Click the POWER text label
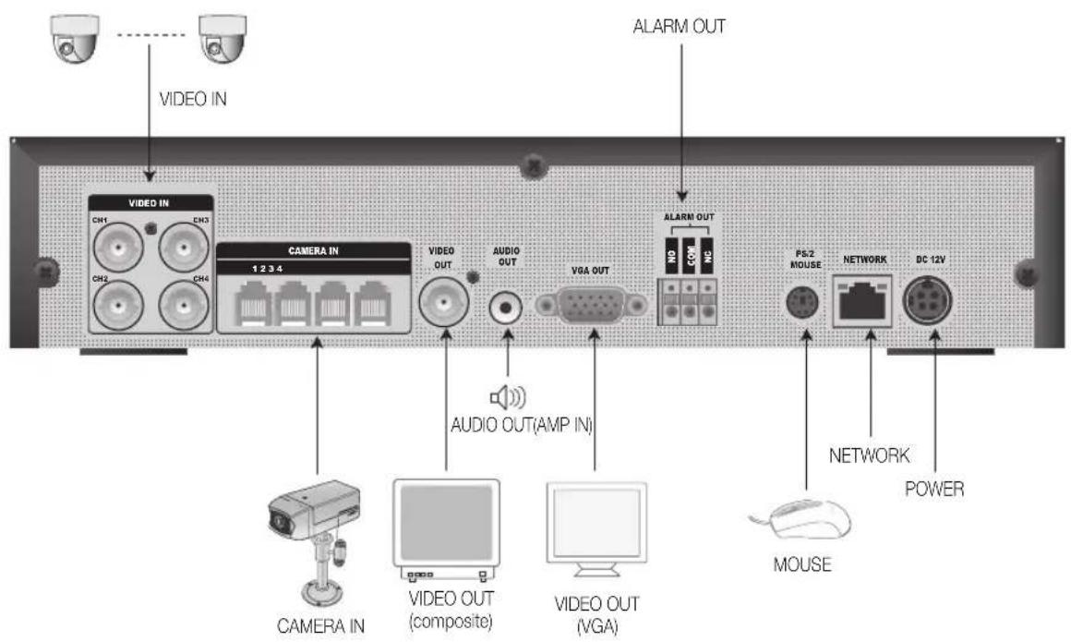pyautogui.click(x=935, y=490)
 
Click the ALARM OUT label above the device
pyautogui.click(x=679, y=27)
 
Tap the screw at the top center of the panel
pyautogui.click(x=531, y=167)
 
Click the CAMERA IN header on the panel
pyautogui.click(x=314, y=250)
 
